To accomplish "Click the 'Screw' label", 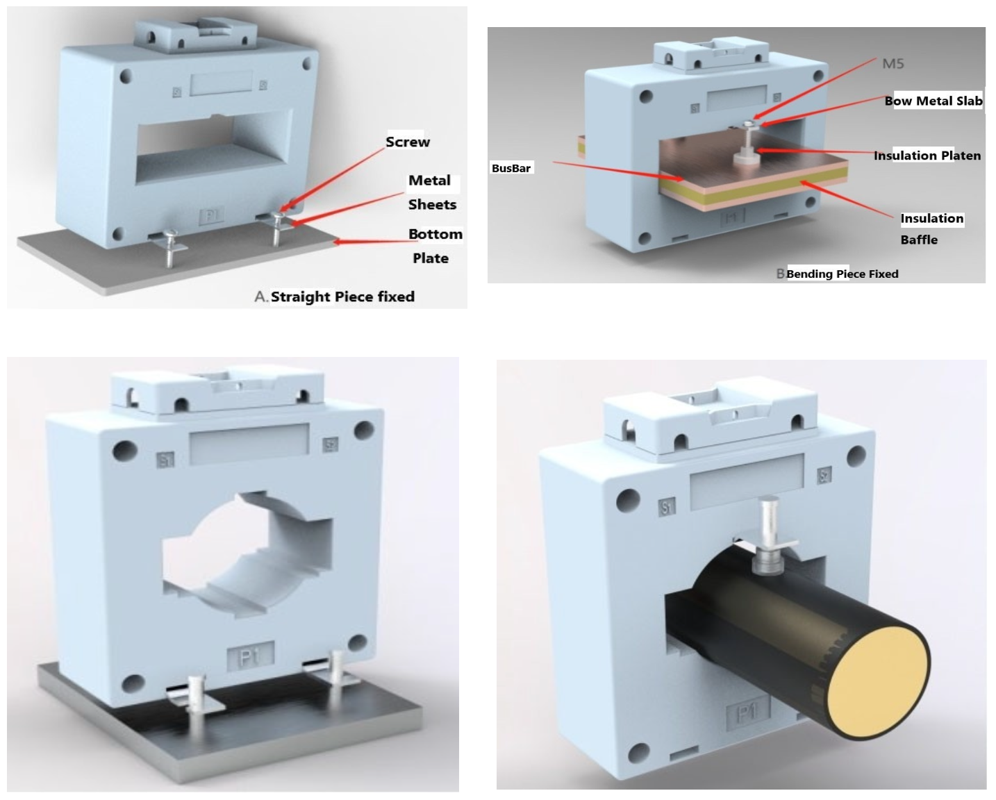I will tap(408, 142).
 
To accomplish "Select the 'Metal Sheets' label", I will tap(431, 192).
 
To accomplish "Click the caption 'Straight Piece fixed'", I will tap(342, 297).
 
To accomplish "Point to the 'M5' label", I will tap(893, 64).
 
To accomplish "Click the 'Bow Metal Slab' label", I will tap(933, 101).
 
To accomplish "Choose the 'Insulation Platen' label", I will tap(927, 156).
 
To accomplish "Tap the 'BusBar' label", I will tap(511, 168).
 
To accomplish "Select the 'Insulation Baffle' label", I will tap(931, 228).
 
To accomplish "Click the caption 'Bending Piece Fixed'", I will tap(842, 274).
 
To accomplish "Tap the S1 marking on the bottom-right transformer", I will tap(667, 507).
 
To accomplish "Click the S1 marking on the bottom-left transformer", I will tap(165, 460).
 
